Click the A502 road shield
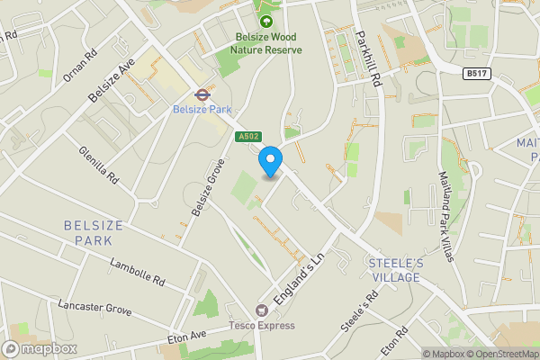[248, 137]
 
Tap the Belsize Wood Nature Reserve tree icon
[265, 20]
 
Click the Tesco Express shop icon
[263, 310]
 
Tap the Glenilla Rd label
[98, 166]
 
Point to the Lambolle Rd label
[138, 273]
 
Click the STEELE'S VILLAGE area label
[394, 270]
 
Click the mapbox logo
[40, 348]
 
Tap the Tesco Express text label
[262, 325]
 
